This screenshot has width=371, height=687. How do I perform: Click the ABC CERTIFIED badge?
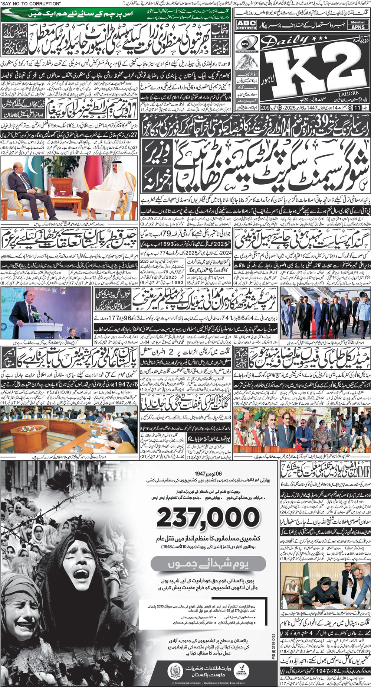tap(247, 25)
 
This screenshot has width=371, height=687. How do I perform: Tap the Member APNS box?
tap(358, 25)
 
